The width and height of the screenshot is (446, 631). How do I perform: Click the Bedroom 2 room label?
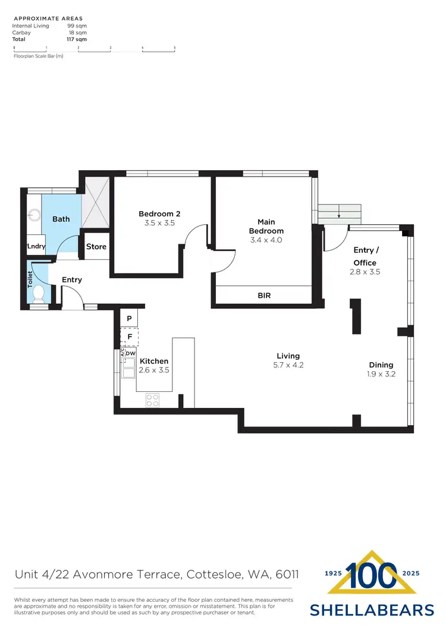coord(159,214)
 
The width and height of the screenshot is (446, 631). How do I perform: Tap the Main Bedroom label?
coord(266,227)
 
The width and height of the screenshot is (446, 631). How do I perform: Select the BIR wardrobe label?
coord(265,295)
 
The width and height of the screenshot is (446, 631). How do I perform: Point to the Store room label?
coord(96,247)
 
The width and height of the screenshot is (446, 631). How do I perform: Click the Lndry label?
coord(36,247)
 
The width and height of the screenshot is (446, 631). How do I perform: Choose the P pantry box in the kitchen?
coord(129,318)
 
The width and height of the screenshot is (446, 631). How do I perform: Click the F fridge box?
coord(129,337)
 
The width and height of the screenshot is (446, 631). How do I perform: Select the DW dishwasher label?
coord(131,353)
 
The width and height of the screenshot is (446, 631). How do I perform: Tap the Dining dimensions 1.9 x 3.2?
coord(381,374)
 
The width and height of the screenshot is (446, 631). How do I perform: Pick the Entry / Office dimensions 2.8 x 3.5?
coord(365,272)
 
